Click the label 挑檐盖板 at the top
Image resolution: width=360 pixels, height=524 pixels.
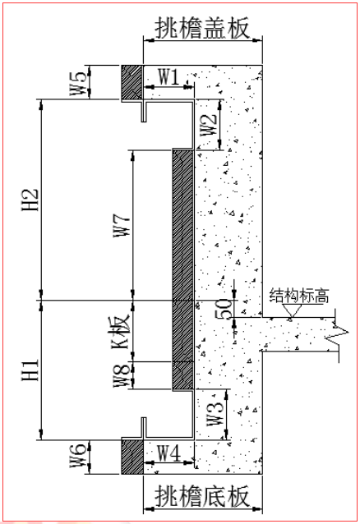point(202,28)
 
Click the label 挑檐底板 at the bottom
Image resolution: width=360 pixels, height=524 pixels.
point(202,496)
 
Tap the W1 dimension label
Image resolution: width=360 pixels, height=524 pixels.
point(169,76)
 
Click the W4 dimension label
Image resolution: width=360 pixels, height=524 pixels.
point(169,453)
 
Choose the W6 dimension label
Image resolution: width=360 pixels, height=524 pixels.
point(78,456)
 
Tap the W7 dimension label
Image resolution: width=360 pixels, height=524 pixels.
point(121,226)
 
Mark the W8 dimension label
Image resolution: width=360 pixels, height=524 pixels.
point(121,375)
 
